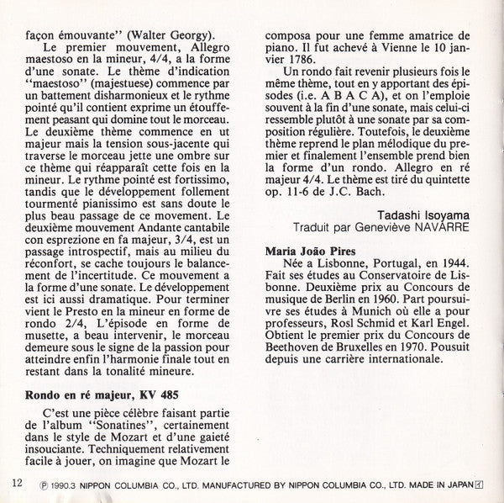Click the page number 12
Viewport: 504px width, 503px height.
(17, 482)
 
